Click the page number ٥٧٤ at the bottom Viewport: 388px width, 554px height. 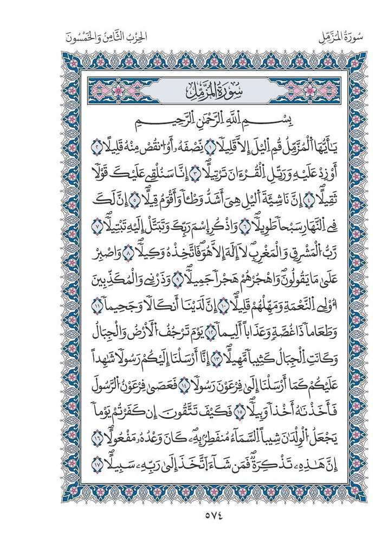pos(195,516)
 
